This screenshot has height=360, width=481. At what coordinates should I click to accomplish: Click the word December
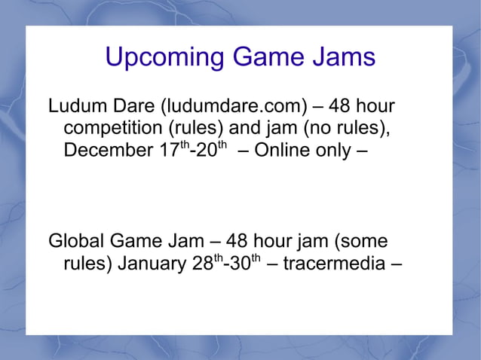(108, 150)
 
